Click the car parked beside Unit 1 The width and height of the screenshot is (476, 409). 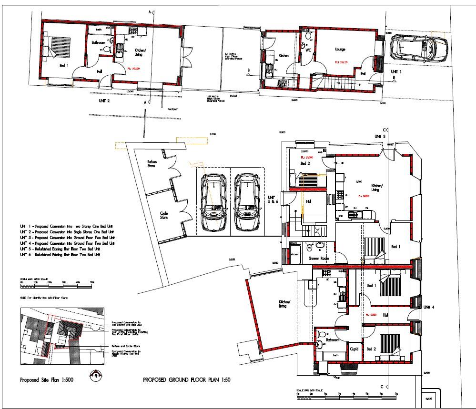pyautogui.click(x=418, y=48)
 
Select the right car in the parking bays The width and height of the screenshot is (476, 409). pyautogui.click(x=247, y=201)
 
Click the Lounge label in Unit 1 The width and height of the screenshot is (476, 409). pyautogui.click(x=339, y=49)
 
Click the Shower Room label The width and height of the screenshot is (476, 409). pyautogui.click(x=319, y=258)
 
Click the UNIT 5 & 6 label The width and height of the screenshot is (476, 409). pyautogui.click(x=272, y=200)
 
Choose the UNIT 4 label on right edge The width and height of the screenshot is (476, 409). pyautogui.click(x=429, y=307)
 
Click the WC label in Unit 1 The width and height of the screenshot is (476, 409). pyautogui.click(x=308, y=50)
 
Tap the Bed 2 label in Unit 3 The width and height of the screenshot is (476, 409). pyautogui.click(x=305, y=163)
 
